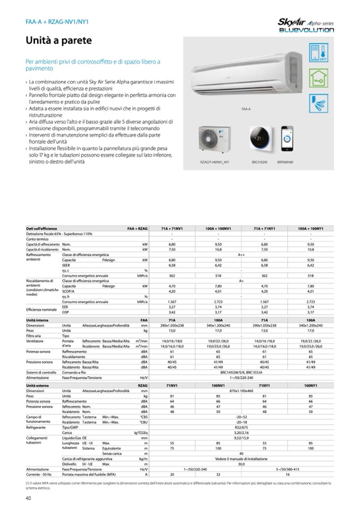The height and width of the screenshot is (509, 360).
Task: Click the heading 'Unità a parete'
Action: point(59,40)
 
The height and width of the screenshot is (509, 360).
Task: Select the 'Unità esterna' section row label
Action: point(38,385)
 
